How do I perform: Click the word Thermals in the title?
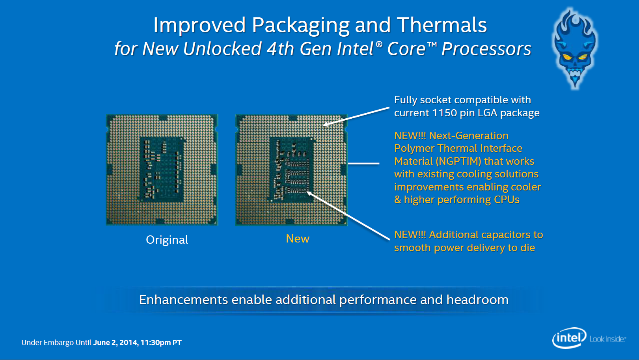point(442,25)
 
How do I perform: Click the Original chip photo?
point(162,170)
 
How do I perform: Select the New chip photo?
point(292,170)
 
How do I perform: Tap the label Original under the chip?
point(167,240)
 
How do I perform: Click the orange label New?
point(298,239)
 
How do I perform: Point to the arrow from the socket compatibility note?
point(356,116)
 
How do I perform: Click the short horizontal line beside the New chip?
point(364,164)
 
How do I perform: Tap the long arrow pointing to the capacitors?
point(348,216)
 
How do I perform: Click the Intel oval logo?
point(569,338)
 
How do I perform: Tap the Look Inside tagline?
point(607,339)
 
